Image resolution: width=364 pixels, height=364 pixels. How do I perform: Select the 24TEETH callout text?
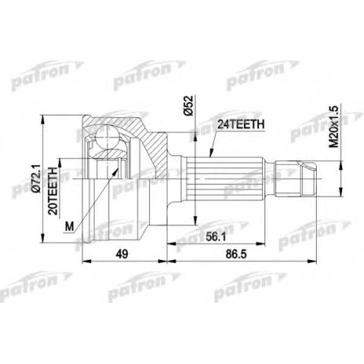(240, 124)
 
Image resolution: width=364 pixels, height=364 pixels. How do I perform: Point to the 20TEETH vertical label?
(53, 190)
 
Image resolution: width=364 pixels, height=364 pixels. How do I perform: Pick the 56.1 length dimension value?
(215, 237)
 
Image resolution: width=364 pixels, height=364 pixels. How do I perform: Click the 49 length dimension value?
(122, 254)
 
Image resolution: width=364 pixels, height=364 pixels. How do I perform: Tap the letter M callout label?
(69, 227)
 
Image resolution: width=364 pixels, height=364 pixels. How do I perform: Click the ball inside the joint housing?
(107, 135)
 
